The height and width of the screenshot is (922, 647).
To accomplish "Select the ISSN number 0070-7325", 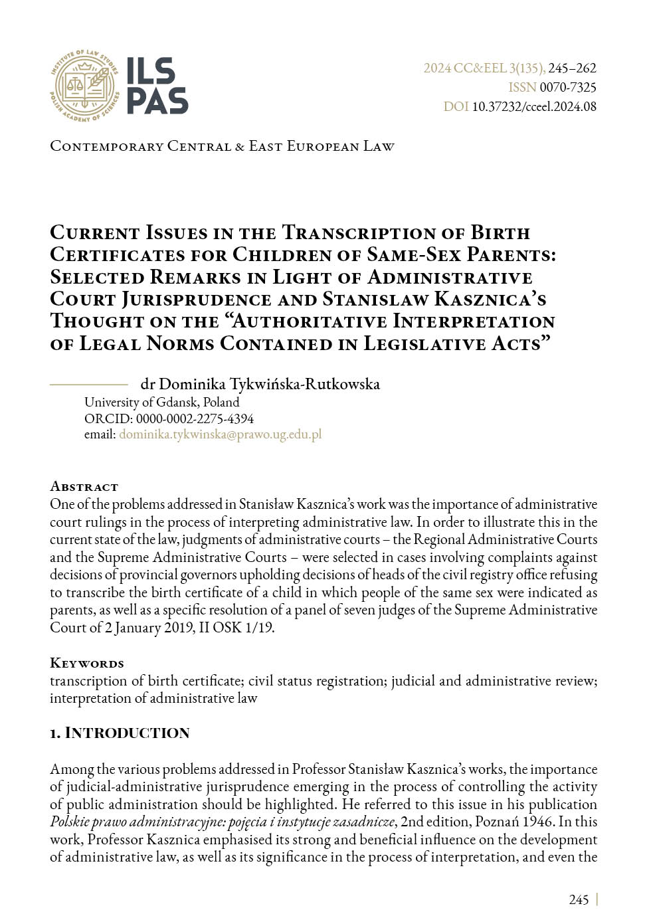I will pos(568,87).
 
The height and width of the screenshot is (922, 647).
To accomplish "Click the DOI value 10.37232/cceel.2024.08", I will pos(534,106).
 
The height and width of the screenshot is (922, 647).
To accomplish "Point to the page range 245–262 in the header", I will pos(572,68).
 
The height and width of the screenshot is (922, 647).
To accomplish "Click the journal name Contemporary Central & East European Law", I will pos(222,146).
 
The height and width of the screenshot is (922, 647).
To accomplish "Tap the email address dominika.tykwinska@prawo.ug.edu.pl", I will pos(220,434).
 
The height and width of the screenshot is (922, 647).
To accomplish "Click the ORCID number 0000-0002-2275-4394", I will pos(195,418).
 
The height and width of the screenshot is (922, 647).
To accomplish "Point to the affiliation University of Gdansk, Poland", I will pos(161,402).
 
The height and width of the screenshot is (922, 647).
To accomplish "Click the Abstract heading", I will pos(84,486).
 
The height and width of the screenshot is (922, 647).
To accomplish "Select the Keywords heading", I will pos(86,663).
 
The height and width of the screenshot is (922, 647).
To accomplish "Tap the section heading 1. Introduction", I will pos(120,733).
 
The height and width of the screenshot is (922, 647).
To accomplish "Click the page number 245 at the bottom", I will pos(579,899).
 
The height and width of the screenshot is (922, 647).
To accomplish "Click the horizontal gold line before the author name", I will pos(88,384).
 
